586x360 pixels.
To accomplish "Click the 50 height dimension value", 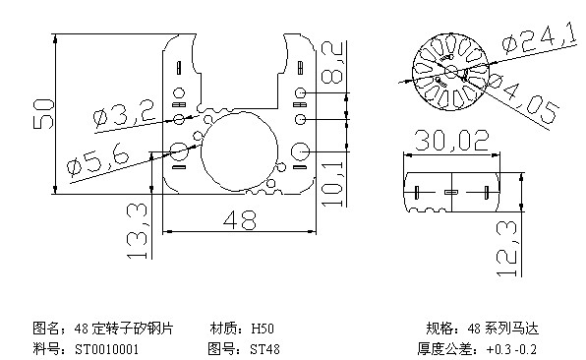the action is pyautogui.click(x=42, y=114).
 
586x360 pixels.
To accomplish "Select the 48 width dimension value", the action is pyautogui.click(x=240, y=219).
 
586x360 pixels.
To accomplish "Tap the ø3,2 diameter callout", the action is pyautogui.click(x=124, y=114).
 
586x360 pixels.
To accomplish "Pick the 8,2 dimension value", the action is pyautogui.click(x=332, y=62).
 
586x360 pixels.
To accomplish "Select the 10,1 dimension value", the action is pyautogui.click(x=332, y=184).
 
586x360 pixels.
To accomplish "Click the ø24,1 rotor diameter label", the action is pyautogui.click(x=539, y=37).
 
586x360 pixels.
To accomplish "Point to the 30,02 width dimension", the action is pyautogui.click(x=451, y=141).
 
